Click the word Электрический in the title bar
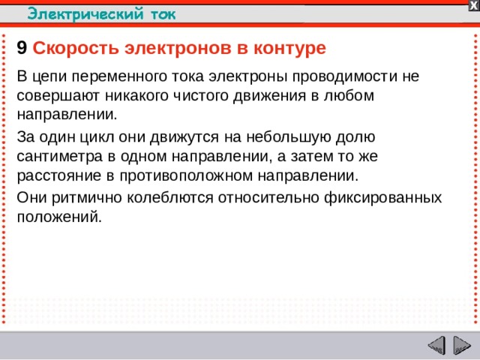(76, 13)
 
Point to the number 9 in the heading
(22, 48)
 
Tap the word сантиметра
(57, 157)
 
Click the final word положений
(57, 217)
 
